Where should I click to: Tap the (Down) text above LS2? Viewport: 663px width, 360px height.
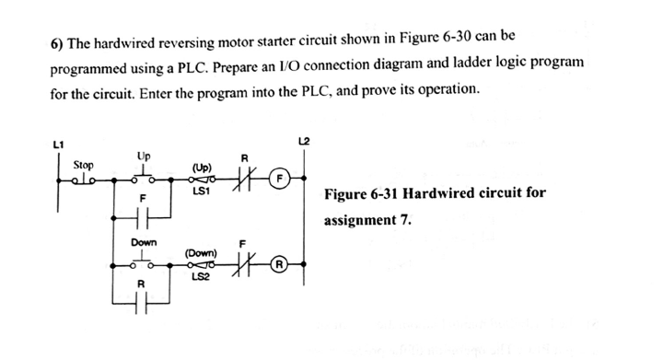point(202,250)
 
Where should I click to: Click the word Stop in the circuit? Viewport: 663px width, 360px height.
point(83,163)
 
